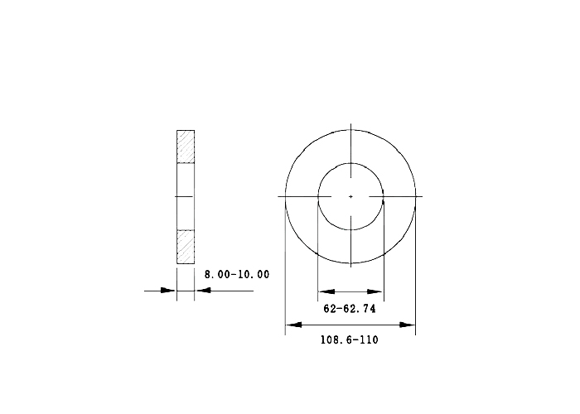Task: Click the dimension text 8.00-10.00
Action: click(x=237, y=274)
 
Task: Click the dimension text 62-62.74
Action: click(x=350, y=309)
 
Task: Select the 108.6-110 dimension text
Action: click(x=349, y=339)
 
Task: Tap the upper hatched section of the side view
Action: click(x=186, y=147)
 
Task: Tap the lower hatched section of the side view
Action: click(x=186, y=247)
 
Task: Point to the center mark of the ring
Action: click(x=350, y=197)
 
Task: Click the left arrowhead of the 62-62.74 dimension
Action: click(x=326, y=291)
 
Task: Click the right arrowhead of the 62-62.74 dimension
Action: click(x=375, y=291)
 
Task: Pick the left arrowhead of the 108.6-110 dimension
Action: click(x=294, y=325)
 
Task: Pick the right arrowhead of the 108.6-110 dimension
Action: click(x=408, y=325)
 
